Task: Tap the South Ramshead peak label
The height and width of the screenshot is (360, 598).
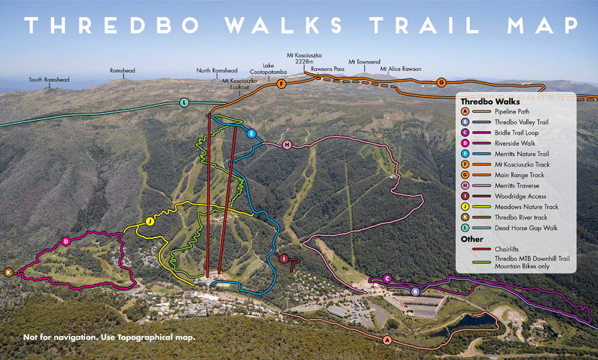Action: (x=50, y=79)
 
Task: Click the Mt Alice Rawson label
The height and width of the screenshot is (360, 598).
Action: (x=401, y=69)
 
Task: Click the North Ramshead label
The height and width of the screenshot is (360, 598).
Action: (x=217, y=70)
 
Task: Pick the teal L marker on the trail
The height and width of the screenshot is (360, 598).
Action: (x=184, y=102)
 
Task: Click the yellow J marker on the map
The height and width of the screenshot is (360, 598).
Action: (x=149, y=221)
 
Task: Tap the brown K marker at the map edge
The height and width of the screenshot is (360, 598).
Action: (x=9, y=273)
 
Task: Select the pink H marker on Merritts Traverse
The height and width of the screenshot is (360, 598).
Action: (x=286, y=144)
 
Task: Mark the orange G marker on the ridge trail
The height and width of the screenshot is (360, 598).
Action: (x=441, y=82)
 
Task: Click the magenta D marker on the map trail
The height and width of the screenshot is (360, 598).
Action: (x=66, y=241)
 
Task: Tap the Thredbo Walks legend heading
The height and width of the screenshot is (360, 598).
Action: (x=490, y=99)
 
